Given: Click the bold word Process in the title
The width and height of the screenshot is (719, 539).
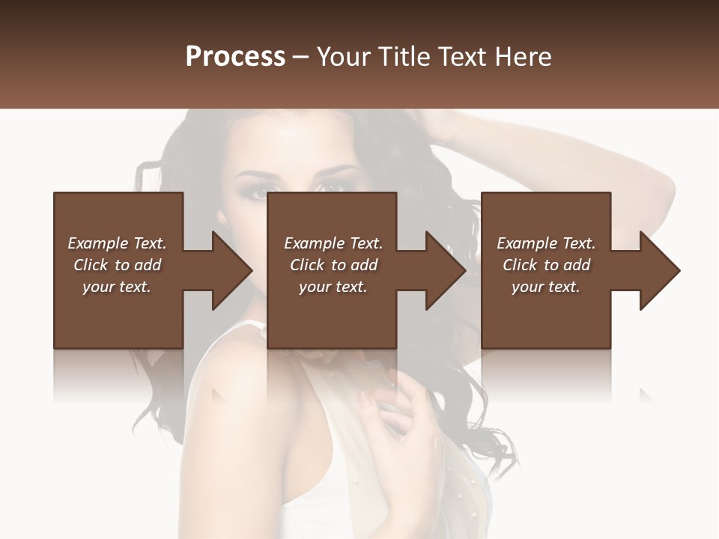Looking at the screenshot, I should pyautogui.click(x=235, y=57).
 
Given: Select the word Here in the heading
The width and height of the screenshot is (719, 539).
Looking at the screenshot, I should pyautogui.click(x=524, y=57).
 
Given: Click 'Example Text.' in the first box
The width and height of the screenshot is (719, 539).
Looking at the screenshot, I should pyautogui.click(x=117, y=243).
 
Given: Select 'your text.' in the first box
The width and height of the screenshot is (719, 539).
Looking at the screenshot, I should pyautogui.click(x=117, y=287).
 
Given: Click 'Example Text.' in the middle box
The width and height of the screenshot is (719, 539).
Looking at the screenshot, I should pyautogui.click(x=333, y=243).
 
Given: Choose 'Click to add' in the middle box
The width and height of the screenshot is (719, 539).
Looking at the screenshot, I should pyautogui.click(x=333, y=265).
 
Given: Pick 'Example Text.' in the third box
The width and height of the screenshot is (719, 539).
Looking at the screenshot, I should pyautogui.click(x=546, y=243).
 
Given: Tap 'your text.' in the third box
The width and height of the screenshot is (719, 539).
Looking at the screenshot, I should pyautogui.click(x=546, y=287).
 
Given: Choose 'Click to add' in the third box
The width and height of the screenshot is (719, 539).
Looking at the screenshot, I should pyautogui.click(x=546, y=265).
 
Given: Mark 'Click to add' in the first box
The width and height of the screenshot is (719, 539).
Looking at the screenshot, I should pyautogui.click(x=117, y=265).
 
